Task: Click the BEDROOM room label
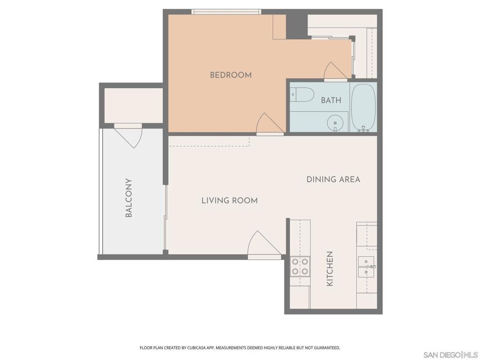click(x=231, y=75)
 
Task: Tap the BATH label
click(x=331, y=100)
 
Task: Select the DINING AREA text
click(x=333, y=180)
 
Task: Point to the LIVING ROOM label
click(x=230, y=201)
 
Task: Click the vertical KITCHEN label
click(x=330, y=269)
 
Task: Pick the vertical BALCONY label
click(x=129, y=198)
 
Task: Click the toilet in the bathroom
click(x=302, y=95)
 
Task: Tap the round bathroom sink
click(x=335, y=123)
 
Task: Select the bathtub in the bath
click(x=363, y=108)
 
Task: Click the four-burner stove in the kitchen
click(x=300, y=266)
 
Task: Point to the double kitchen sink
click(x=367, y=267)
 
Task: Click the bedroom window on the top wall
click(x=226, y=12)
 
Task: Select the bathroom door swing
click(x=335, y=72)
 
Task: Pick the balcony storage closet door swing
click(x=128, y=135)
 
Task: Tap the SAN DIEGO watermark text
click(x=442, y=355)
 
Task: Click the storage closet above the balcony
click(x=134, y=105)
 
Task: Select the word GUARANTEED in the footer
click(x=327, y=348)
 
